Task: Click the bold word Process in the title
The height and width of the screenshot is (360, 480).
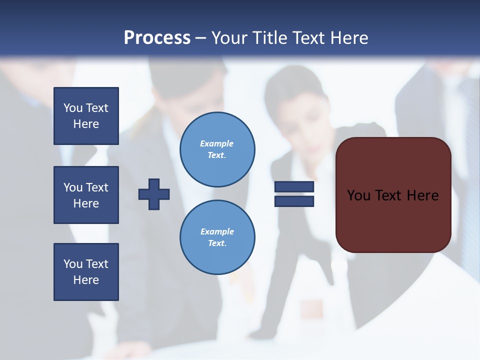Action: [157, 38]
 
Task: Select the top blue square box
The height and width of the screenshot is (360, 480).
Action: [86, 116]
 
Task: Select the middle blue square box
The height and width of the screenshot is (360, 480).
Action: [86, 195]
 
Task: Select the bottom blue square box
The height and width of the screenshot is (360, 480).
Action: [86, 272]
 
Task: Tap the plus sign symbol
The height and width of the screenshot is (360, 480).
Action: [154, 194]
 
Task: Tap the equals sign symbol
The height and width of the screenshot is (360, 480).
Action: [294, 194]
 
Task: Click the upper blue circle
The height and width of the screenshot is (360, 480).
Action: [217, 149]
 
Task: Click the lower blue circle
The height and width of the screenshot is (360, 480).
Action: [217, 237]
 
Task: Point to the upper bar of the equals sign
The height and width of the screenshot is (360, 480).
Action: [294, 187]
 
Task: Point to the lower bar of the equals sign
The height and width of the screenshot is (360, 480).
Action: [294, 201]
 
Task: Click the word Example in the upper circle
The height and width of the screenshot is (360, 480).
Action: [217, 143]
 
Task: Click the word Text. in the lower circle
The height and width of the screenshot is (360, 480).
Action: [217, 243]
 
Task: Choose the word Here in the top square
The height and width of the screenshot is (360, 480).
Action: [86, 124]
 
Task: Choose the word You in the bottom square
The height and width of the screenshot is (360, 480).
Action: [73, 264]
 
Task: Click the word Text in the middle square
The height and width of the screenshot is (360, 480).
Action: [97, 187]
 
